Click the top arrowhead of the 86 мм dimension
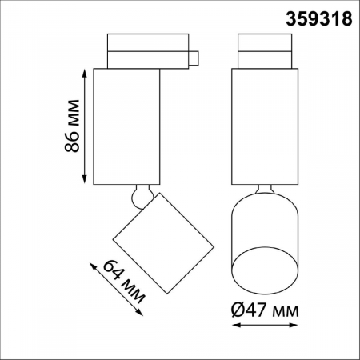pyautogui.click(x=85, y=71)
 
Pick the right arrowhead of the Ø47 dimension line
pyautogui.click(x=295, y=326)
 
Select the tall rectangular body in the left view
pyautogui.click(x=128, y=126)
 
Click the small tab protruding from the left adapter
pyautogui.click(x=194, y=56)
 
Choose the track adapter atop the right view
pyautogui.click(x=265, y=50)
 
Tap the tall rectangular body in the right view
pyautogui.click(x=265, y=126)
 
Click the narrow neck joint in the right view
pyautogui.click(x=265, y=193)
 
